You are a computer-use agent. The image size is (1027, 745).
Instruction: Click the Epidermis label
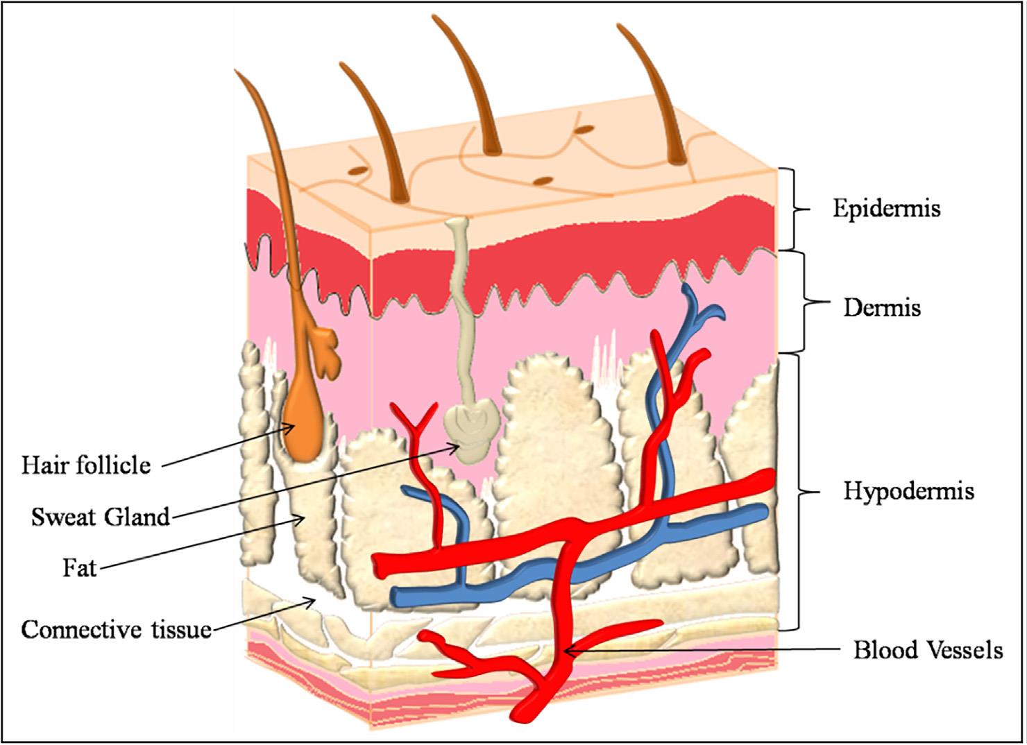tap(886, 209)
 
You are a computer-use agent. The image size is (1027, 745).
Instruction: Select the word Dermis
tap(882, 308)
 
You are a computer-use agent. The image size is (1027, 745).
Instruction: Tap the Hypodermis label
tap(909, 492)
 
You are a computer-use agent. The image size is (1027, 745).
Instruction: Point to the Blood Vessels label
tap(928, 650)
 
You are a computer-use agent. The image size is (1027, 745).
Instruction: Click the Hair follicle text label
tap(86, 465)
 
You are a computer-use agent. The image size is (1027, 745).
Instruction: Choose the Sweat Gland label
tap(101, 517)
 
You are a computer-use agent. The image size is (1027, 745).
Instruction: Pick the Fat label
tap(79, 569)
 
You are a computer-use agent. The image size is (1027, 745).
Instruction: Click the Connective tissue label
tap(117, 630)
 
